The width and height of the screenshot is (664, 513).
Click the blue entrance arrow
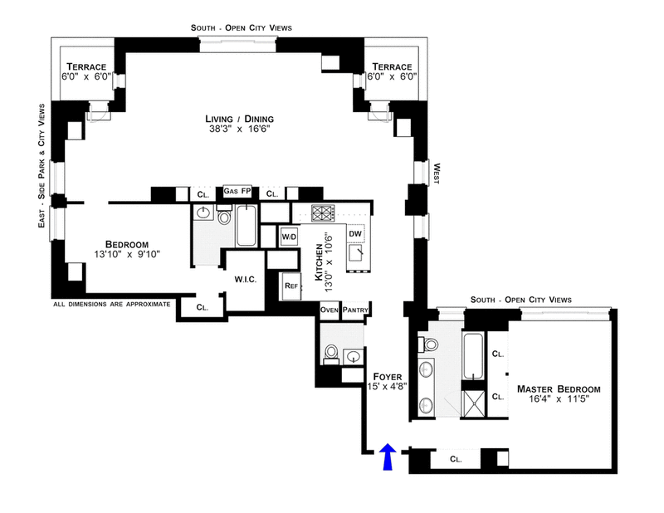pyautogui.click(x=388, y=457)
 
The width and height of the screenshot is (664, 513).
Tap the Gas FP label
pyautogui.click(x=237, y=191)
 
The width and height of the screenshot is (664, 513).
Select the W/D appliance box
pyautogui.click(x=289, y=237)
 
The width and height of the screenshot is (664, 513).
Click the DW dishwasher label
pyautogui.click(x=355, y=233)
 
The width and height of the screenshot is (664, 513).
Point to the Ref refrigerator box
pyautogui.click(x=291, y=286)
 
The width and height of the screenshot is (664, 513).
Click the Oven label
pyautogui.click(x=329, y=310)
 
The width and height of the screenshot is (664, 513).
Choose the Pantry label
pyautogui.click(x=355, y=310)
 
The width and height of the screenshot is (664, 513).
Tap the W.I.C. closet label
pyautogui.click(x=246, y=280)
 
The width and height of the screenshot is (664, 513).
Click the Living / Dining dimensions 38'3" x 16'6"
pyautogui.click(x=239, y=129)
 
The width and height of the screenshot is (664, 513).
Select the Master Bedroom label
pyautogui.click(x=559, y=388)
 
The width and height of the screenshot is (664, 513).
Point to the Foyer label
pyautogui.click(x=387, y=377)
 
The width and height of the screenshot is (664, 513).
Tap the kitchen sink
pyautogui.click(x=356, y=254)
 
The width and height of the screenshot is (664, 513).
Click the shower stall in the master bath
pyautogui.click(x=473, y=403)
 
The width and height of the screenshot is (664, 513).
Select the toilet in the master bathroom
pyautogui.click(x=427, y=344)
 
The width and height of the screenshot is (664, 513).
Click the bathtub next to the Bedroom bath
pyautogui.click(x=246, y=225)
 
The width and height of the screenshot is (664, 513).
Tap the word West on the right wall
pyautogui.click(x=437, y=173)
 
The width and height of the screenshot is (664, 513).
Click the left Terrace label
pyautogui.click(x=86, y=67)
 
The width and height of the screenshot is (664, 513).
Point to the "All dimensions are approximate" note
pyautogui.click(x=112, y=304)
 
